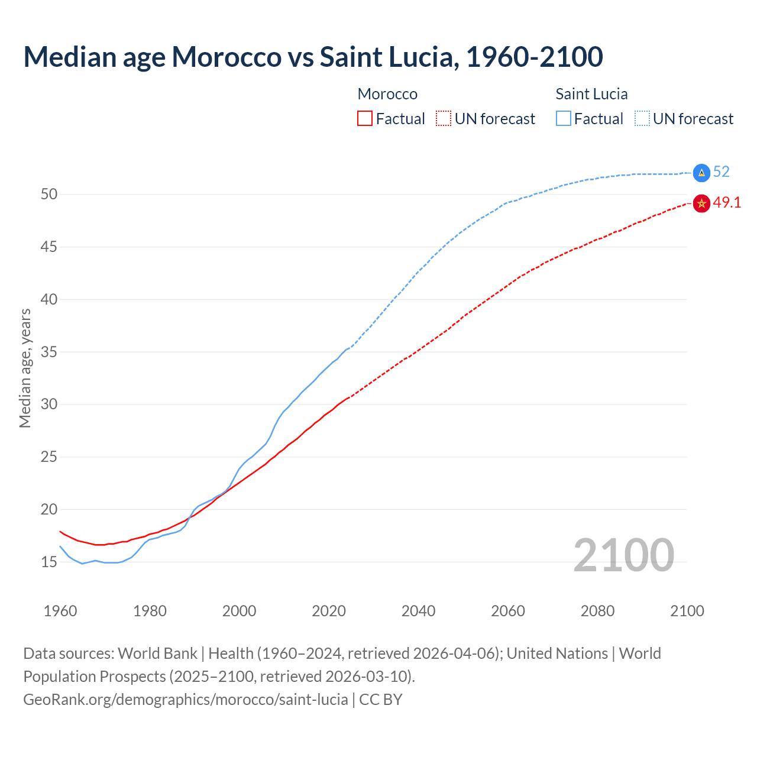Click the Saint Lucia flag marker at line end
pos(701,173)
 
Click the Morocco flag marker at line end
pos(701,203)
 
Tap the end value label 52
pos(722,172)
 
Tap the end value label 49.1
pos(727,203)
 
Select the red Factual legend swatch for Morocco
pos(365,119)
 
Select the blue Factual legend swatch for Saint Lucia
pos(564,119)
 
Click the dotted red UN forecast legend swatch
pos(444,119)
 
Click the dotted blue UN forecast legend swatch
pos(642,119)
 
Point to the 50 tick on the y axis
pos(49,195)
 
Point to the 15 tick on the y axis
pos(49,562)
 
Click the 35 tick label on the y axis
pos(49,352)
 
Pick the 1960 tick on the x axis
pos(60,611)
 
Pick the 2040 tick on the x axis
pos(418,611)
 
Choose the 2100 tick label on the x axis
pos(687,611)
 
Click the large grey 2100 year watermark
pos(623,555)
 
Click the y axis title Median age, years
pos(25,368)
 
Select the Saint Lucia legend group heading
pos(591,94)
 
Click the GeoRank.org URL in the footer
pos(185,700)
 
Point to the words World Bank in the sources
pos(157,654)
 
